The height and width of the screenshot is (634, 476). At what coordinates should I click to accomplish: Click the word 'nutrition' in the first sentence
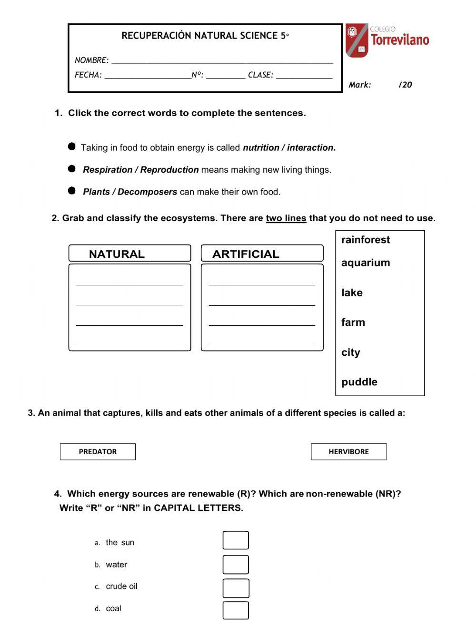click(x=261, y=148)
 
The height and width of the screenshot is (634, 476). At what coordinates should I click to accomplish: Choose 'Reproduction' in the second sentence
click(x=169, y=170)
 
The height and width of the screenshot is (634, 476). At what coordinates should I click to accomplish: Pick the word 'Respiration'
click(x=108, y=170)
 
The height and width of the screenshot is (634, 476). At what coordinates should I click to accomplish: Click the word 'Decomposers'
click(x=147, y=192)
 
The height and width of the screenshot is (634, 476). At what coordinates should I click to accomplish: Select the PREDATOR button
click(x=98, y=452)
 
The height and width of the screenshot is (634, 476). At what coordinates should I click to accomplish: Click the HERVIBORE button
click(x=348, y=452)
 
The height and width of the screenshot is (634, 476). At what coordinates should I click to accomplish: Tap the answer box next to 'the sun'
click(x=236, y=540)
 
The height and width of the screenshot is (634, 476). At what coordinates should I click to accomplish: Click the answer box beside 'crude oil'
click(x=236, y=588)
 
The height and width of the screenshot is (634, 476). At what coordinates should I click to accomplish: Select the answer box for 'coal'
click(x=236, y=611)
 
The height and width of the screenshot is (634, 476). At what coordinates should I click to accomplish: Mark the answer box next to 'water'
click(x=236, y=565)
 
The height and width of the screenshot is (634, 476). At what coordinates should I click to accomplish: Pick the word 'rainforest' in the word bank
click(x=365, y=240)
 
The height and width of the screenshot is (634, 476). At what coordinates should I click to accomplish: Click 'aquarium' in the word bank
click(x=365, y=263)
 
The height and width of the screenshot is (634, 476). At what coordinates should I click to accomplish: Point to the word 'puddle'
click(x=359, y=382)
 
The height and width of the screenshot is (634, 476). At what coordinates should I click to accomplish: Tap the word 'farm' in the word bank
click(x=353, y=322)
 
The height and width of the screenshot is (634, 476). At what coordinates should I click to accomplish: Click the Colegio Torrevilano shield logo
click(x=357, y=40)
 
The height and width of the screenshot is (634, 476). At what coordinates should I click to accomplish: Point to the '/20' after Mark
click(x=405, y=85)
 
